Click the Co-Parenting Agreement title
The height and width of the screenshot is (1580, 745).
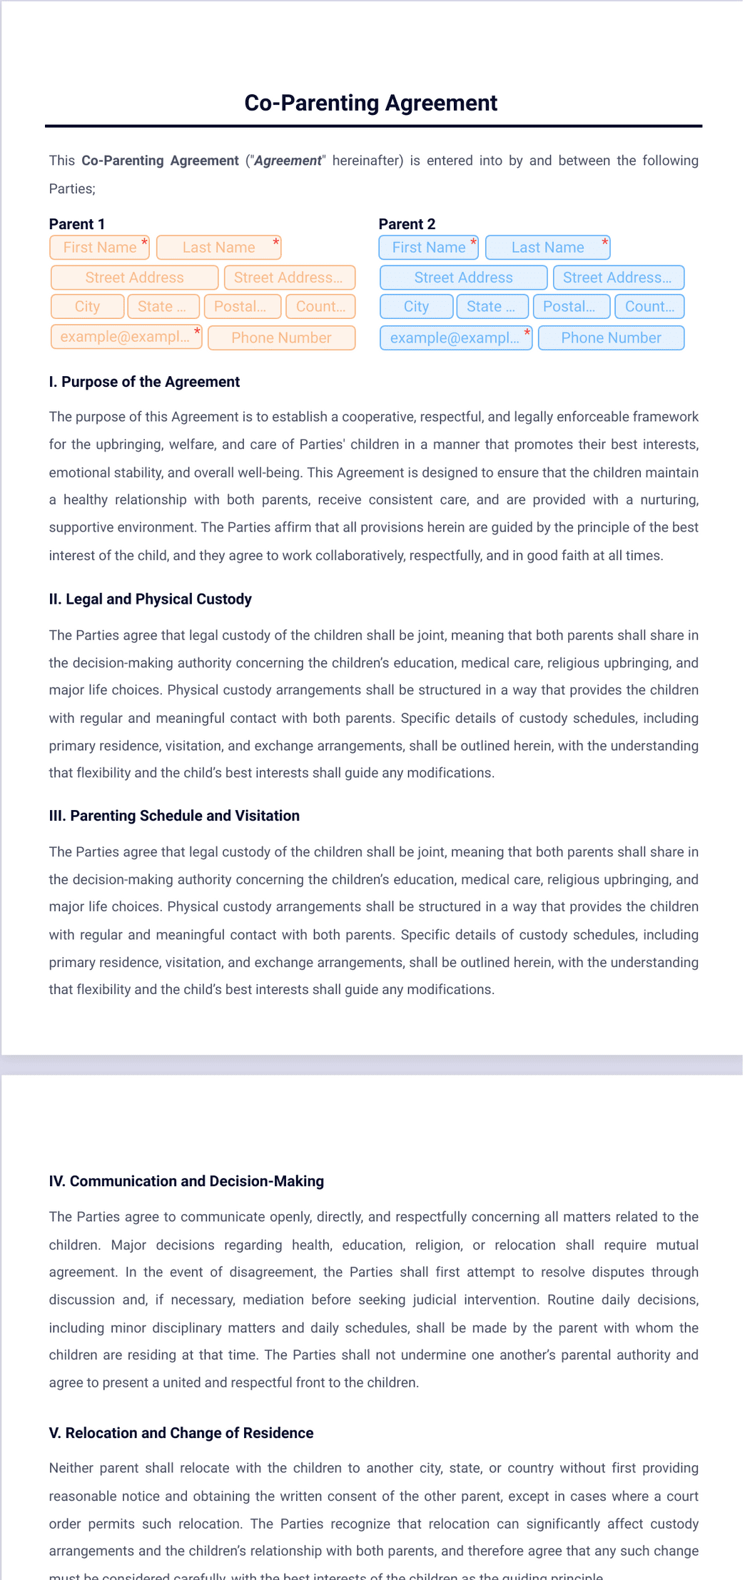pos(370,103)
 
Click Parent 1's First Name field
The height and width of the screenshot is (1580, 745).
pos(99,248)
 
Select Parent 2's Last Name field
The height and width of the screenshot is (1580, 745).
pos(547,248)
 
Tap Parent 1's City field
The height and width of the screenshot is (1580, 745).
pos(87,307)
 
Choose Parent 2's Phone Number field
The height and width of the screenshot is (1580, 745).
pos(611,338)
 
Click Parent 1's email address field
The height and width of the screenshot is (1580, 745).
pos(125,337)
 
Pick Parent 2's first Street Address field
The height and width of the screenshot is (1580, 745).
pos(463,278)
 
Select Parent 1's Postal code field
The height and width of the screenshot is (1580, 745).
pos(242,307)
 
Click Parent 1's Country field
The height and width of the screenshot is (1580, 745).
pos(320,307)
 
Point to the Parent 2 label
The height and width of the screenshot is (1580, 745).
pos(407,224)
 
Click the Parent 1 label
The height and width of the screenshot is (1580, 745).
pos(77,224)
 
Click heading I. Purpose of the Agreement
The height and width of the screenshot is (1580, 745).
pos(144,382)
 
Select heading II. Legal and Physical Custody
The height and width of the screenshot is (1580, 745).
pos(150,599)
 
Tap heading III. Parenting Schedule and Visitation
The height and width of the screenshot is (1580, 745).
pos(174,816)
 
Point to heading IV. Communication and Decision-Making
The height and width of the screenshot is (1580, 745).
pos(186,1181)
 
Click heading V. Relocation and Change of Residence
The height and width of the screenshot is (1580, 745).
pos(181,1433)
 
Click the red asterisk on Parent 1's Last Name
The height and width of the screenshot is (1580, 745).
pos(276,242)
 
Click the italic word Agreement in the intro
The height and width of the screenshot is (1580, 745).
pos(288,161)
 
